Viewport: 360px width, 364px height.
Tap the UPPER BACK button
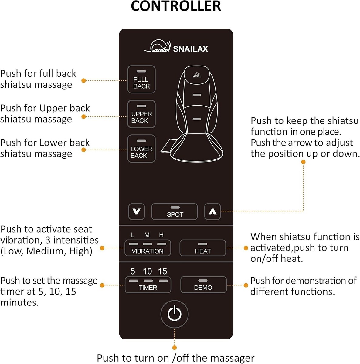[141, 114]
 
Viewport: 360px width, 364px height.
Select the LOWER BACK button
[141, 149]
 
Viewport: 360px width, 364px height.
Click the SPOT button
[175, 211]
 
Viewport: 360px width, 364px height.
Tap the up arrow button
[212, 211]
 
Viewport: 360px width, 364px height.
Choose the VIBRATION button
[148, 248]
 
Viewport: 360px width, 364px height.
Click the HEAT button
[203, 248]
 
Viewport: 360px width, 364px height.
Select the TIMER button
[148, 285]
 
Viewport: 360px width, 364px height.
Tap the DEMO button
[203, 285]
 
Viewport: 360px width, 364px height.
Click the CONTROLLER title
[176, 6]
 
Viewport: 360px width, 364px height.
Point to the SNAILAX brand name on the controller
[190, 49]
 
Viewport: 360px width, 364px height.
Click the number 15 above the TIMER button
[162, 271]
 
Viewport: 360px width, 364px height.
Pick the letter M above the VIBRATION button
[147, 235]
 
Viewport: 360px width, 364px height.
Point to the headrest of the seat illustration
[197, 75]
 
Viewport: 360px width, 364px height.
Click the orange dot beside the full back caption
[83, 80]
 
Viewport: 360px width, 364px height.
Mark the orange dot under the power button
[175, 348]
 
